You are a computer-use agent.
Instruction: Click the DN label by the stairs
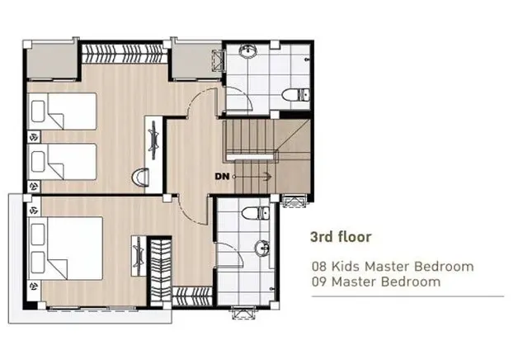pyautogui.click(x=222, y=177)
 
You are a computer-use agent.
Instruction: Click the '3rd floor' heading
pyautogui.click(x=341, y=237)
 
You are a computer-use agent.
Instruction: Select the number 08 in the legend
pyautogui.click(x=319, y=267)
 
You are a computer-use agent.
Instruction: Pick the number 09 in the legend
pyautogui.click(x=319, y=282)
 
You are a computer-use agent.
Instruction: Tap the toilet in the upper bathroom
pyautogui.click(x=295, y=95)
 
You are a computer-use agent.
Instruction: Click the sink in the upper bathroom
pyautogui.click(x=248, y=51)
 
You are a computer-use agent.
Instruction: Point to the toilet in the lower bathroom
pyautogui.click(x=256, y=213)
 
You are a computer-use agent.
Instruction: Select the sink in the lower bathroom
pyautogui.click(x=262, y=249)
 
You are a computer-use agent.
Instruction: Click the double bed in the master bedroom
pyautogui.click(x=65, y=248)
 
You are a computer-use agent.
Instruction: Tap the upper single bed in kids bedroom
pyautogui.click(x=63, y=111)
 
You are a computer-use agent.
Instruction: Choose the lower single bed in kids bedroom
pyautogui.click(x=63, y=162)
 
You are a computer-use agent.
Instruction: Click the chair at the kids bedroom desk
pyautogui.click(x=140, y=177)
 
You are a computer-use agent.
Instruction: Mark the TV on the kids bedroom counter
pyautogui.click(x=153, y=140)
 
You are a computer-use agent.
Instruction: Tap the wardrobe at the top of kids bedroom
pyautogui.click(x=125, y=54)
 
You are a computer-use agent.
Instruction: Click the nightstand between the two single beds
pyautogui.click(x=34, y=137)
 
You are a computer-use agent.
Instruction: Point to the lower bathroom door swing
pyautogui.click(x=229, y=255)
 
